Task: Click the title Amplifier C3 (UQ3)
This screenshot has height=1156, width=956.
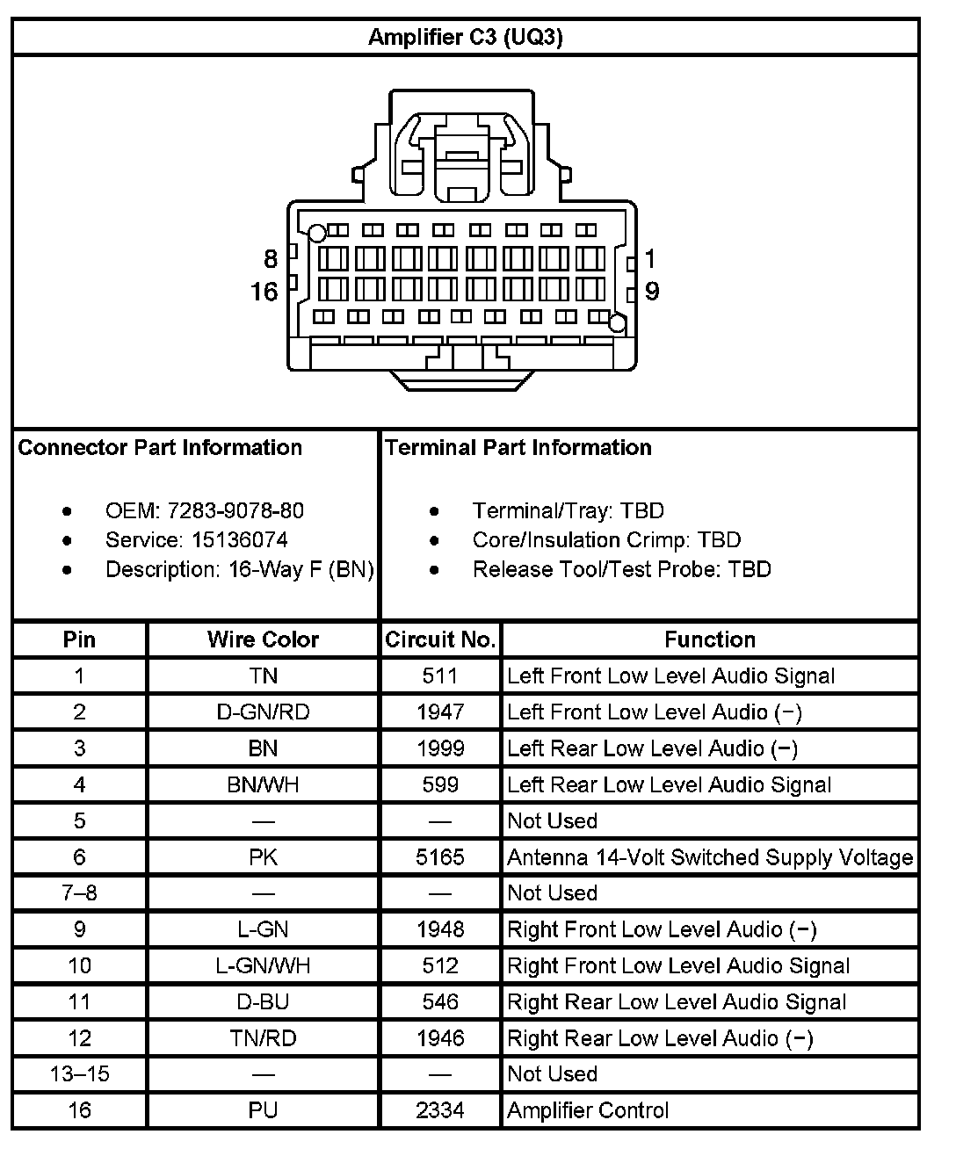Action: (465, 37)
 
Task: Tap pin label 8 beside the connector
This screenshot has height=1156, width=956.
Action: (271, 258)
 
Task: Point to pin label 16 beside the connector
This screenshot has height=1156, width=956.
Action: (264, 292)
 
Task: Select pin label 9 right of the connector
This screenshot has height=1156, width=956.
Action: (652, 291)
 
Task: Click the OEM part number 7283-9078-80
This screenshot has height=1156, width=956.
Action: (235, 510)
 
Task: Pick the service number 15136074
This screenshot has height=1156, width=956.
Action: (240, 539)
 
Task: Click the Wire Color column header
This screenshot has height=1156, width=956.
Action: (263, 639)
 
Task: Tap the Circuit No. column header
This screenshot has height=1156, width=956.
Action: (440, 639)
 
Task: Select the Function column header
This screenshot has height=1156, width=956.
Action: (710, 639)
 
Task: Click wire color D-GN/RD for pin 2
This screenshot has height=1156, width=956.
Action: (263, 712)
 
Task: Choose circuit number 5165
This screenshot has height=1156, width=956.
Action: (440, 856)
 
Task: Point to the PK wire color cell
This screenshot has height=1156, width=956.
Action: (263, 856)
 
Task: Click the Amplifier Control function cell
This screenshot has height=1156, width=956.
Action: (589, 1110)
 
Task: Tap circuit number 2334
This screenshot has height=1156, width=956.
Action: (440, 1110)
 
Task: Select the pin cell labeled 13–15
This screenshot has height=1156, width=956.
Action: (80, 1073)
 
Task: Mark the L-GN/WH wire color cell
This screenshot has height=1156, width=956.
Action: (263, 965)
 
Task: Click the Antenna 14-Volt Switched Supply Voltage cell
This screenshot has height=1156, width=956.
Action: (710, 856)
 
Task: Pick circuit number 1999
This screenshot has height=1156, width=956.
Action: (440, 748)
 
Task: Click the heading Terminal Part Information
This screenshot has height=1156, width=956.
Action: (518, 447)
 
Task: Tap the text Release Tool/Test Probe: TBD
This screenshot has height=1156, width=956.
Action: (621, 569)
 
